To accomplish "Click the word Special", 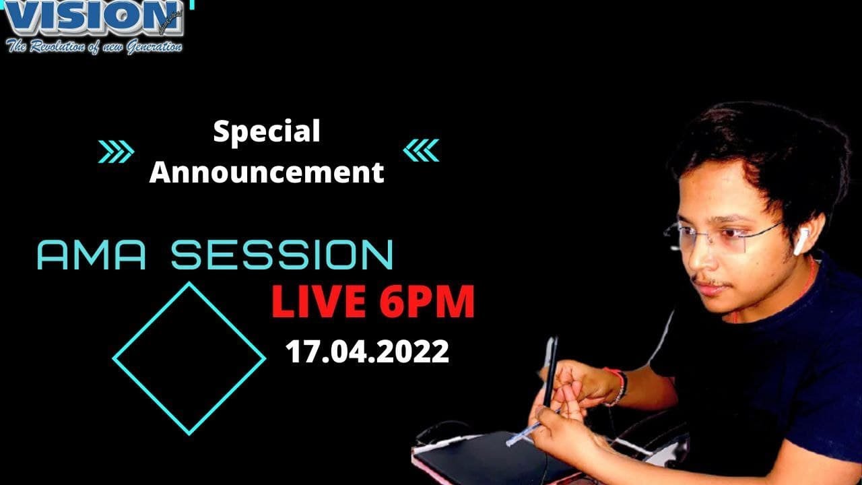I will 267,131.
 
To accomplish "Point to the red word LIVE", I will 319,302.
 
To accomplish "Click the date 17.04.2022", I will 367,352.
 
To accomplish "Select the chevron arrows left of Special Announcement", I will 116,151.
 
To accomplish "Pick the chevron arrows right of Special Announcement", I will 421,151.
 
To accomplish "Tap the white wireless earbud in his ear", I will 801,241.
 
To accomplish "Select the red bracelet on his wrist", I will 617,385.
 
